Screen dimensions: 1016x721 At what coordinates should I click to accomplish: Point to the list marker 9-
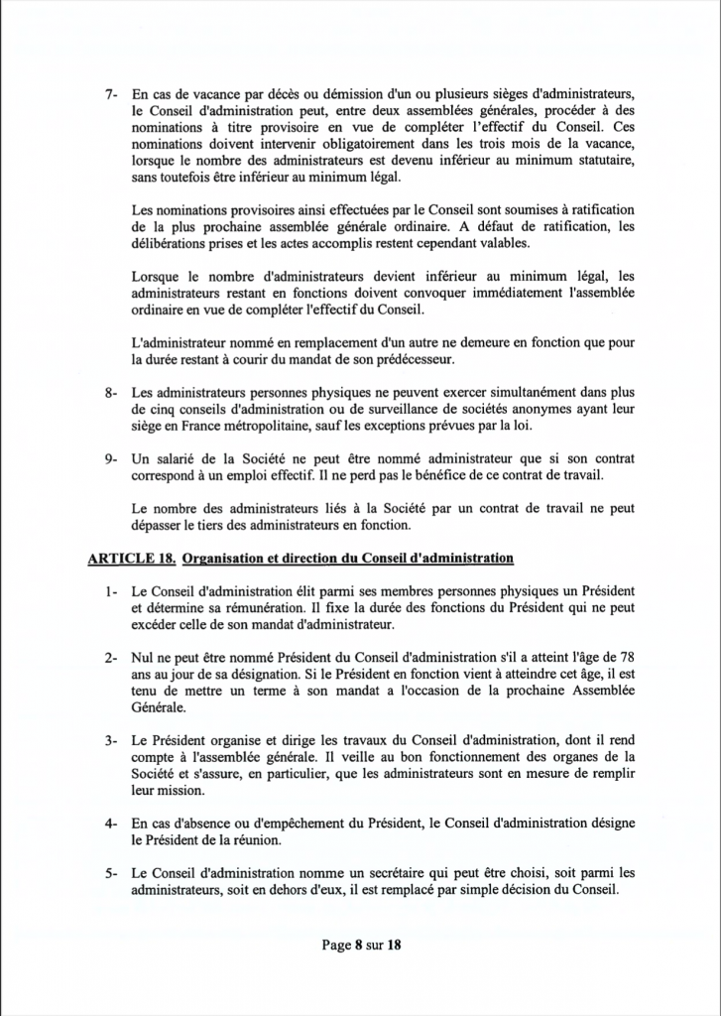pyautogui.click(x=112, y=460)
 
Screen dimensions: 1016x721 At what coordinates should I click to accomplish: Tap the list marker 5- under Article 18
pyautogui.click(x=112, y=873)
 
